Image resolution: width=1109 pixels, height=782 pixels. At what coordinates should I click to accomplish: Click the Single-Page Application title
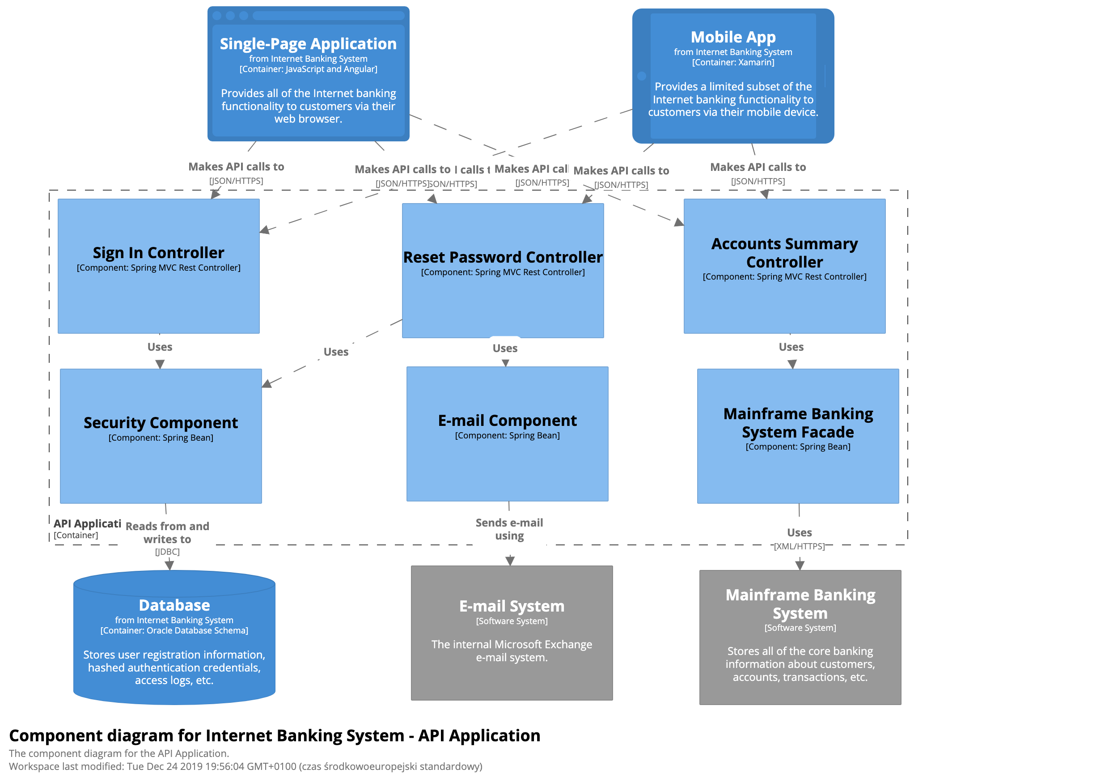click(x=308, y=44)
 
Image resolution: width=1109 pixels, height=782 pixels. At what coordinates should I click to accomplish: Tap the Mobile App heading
click(x=733, y=37)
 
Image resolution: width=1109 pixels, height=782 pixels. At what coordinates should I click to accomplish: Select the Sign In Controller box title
click(x=158, y=253)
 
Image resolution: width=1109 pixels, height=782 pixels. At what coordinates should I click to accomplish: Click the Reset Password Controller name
click(x=502, y=257)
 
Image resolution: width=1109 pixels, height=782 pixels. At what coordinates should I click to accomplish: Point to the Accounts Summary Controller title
click(x=784, y=253)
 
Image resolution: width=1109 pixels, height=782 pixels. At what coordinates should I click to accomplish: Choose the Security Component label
click(x=161, y=423)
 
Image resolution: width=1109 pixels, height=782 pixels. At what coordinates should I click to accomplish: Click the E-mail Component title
click(x=507, y=421)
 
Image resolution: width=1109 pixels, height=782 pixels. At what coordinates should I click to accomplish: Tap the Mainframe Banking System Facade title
click(x=797, y=423)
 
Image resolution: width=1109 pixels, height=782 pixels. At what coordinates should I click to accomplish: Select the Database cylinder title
click(x=174, y=605)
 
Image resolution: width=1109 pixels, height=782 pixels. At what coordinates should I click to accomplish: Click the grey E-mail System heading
click(x=512, y=606)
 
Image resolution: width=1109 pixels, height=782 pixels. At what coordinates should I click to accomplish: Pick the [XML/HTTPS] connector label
click(x=799, y=546)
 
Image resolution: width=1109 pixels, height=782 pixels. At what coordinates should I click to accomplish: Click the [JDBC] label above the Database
click(x=167, y=552)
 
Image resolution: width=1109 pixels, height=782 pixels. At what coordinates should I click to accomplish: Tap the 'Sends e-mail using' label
click(x=509, y=529)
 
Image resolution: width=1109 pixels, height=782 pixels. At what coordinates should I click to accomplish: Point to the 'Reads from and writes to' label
click(x=167, y=533)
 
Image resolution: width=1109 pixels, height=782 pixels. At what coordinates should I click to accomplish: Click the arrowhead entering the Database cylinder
click(x=169, y=565)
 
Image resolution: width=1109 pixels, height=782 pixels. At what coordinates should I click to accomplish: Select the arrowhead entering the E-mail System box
click(x=510, y=561)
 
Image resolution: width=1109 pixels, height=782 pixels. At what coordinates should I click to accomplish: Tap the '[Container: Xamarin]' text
click(x=733, y=62)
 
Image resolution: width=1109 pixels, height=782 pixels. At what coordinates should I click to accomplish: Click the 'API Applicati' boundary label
click(x=87, y=523)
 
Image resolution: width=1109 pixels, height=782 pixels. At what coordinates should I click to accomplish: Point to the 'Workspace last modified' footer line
click(x=246, y=766)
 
